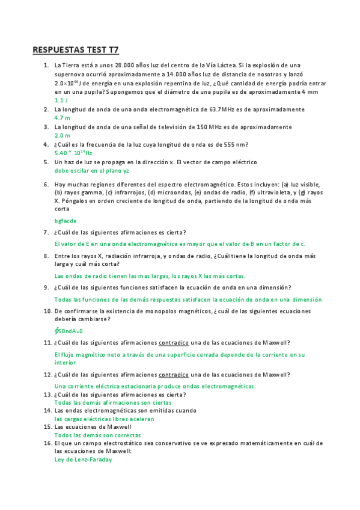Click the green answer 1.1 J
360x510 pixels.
pyautogui.click(x=61, y=100)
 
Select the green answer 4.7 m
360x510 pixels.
pyautogui.click(x=62, y=118)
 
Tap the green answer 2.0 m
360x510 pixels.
pyautogui.click(x=62, y=136)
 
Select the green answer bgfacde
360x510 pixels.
pyautogui.click(x=66, y=221)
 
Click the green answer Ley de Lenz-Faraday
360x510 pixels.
pyautogui.click(x=83, y=460)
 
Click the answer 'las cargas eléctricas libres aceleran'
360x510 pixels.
pyautogui.click(x=104, y=419)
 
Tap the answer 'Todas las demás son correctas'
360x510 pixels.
pyautogui.click(x=97, y=435)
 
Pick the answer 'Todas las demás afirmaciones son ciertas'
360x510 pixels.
pyautogui.click(x=113, y=403)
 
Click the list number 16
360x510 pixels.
pyautogui.click(x=46, y=443)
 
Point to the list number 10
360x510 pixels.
pyautogui.click(x=46, y=311)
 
